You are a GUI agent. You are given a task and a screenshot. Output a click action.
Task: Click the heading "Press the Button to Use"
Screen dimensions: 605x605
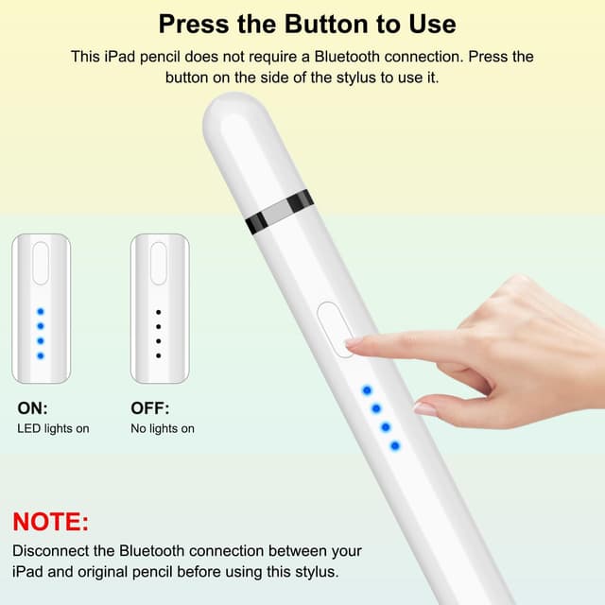[306, 24]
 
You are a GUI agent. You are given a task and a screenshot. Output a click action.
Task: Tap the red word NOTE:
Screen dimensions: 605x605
[50, 522]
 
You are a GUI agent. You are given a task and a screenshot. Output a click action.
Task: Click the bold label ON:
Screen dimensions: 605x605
[32, 409]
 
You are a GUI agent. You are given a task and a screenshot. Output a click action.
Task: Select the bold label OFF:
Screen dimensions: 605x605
[149, 409]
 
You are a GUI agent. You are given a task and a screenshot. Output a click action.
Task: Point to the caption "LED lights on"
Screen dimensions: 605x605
[53, 429]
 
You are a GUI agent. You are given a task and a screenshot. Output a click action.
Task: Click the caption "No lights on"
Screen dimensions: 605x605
[163, 429]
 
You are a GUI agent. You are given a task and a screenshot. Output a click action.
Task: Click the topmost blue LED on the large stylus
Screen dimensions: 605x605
[367, 389]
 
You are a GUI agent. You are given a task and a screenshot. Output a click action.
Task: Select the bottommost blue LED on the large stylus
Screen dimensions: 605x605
[394, 445]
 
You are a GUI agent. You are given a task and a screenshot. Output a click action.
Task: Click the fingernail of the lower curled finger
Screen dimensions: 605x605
[425, 408]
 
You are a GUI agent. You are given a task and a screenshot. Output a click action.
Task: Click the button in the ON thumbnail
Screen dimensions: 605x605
[41, 264]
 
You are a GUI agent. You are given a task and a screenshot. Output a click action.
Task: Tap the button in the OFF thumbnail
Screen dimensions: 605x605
[158, 264]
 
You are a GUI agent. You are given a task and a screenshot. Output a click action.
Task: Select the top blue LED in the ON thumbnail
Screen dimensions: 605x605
[40, 311]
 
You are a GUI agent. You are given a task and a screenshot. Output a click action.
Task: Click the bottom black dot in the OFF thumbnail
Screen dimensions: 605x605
[158, 355]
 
